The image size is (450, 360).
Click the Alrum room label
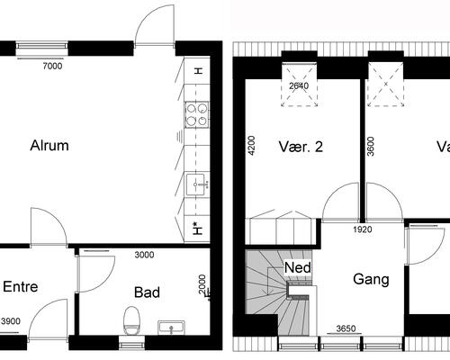click(49, 146)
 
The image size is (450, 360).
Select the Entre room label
click(21, 287)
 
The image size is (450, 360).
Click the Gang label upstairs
click(371, 280)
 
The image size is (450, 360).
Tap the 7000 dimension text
click(53, 66)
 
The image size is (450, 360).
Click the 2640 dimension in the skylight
click(299, 86)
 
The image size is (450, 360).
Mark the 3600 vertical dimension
click(371, 147)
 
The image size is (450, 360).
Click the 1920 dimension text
click(361, 229)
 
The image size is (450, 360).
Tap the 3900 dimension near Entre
click(13, 321)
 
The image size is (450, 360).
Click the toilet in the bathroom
click(132, 319)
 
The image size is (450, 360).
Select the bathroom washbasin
click(171, 326)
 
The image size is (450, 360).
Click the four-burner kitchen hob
click(196, 113)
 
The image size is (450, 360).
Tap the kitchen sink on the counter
click(196, 184)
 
